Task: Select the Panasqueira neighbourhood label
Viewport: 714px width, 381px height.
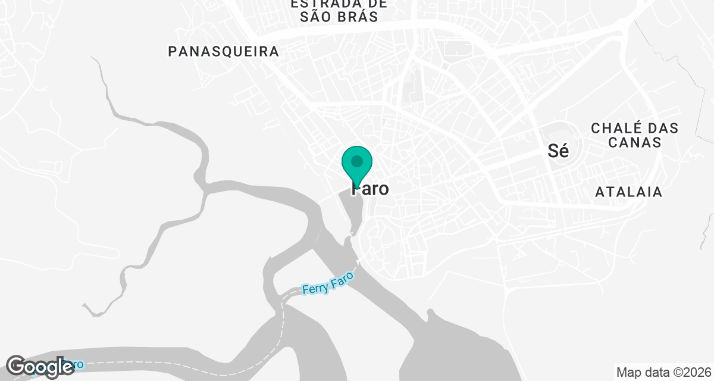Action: [x=224, y=51]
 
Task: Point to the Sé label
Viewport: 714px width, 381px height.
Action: [x=558, y=151]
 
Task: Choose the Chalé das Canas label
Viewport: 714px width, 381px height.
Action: [x=634, y=135]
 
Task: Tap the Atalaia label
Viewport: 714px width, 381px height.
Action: [x=629, y=192]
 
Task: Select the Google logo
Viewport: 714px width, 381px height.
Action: [x=40, y=366]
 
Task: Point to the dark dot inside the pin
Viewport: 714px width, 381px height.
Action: [x=357, y=161]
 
